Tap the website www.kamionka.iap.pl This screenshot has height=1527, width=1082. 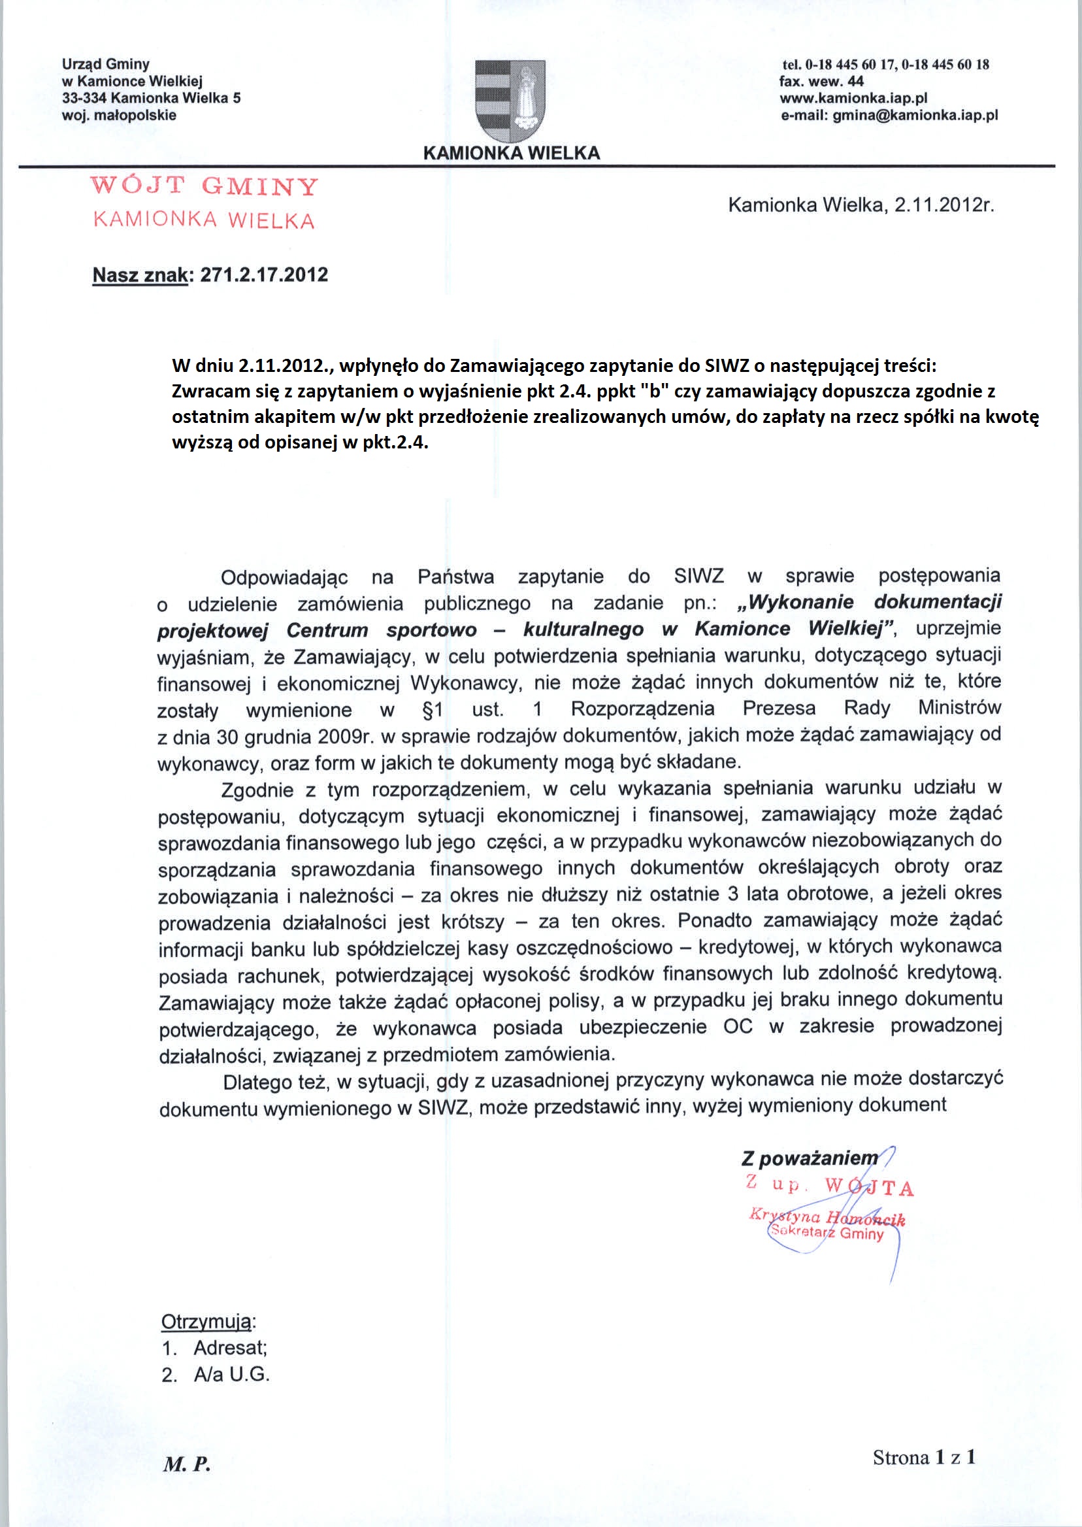coord(853,99)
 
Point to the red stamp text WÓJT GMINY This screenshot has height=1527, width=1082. coord(205,186)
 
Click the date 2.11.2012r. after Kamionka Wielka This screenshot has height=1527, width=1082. coord(943,205)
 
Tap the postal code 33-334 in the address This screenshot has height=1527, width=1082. coord(85,99)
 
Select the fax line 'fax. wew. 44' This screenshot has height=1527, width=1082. coord(821,81)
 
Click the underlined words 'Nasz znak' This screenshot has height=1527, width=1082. coord(140,275)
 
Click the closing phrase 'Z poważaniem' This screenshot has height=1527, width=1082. coord(810,1158)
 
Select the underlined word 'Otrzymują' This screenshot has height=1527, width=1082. coord(206,1322)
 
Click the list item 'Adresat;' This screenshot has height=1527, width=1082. coord(230,1348)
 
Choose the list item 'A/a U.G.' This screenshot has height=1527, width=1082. coord(231,1375)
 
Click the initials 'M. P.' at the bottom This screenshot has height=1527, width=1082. coord(187,1464)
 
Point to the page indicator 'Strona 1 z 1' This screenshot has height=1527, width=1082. coord(924,1458)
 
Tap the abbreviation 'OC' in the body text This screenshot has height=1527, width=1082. coord(738,1026)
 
